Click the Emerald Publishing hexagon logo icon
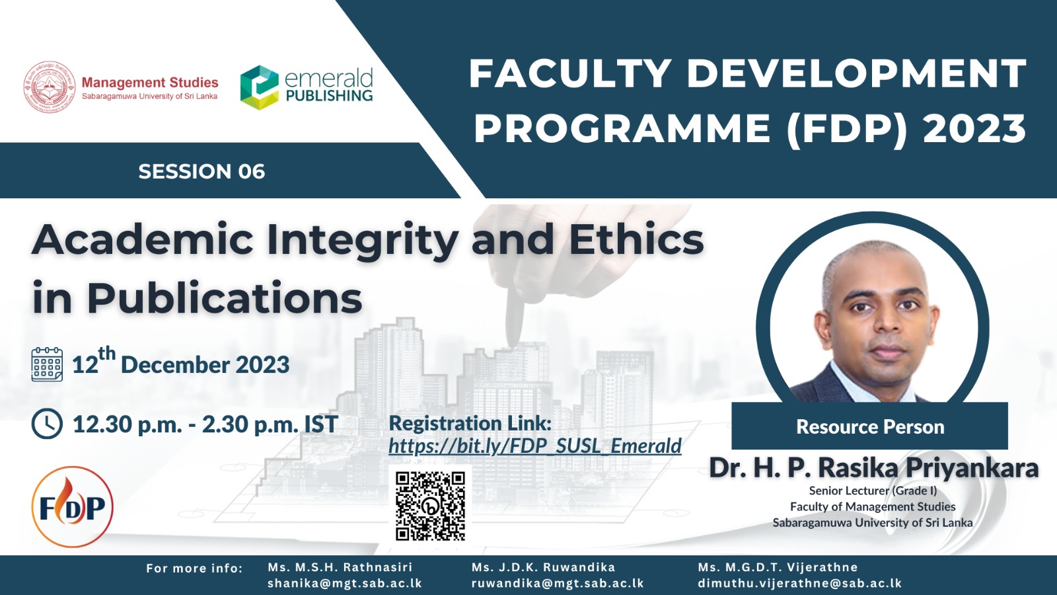point(259,87)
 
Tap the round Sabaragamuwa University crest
point(50,87)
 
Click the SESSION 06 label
point(201,171)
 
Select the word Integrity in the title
point(363,240)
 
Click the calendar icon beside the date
point(47,364)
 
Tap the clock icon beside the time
point(47,424)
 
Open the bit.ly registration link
point(535,446)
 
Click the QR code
point(430,506)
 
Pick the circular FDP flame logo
point(72,506)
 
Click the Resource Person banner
point(869,426)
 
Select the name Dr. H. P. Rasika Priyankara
point(874,468)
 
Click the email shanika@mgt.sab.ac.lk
point(344,583)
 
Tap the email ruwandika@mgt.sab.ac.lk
point(558,583)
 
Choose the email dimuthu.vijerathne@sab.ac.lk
point(800,583)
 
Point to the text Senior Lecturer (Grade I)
point(873,491)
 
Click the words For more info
point(194,568)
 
